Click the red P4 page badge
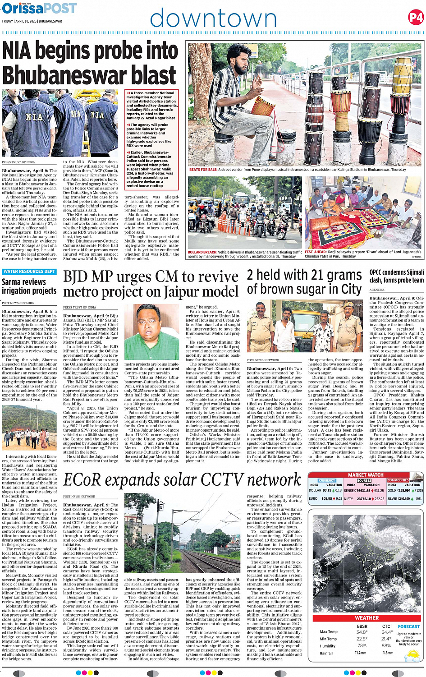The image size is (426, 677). [416, 18]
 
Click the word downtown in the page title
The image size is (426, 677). [213, 19]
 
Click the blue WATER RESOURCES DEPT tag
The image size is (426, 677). [29, 272]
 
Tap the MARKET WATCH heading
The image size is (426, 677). [366, 475]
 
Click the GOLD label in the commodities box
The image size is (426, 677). [392, 490]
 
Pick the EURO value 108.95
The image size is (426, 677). [326, 499]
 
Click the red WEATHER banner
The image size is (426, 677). [366, 618]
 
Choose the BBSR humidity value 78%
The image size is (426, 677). [362, 645]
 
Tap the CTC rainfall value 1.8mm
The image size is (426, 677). [388, 653]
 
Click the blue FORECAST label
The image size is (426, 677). [408, 626]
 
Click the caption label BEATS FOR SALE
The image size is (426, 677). [203, 170]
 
